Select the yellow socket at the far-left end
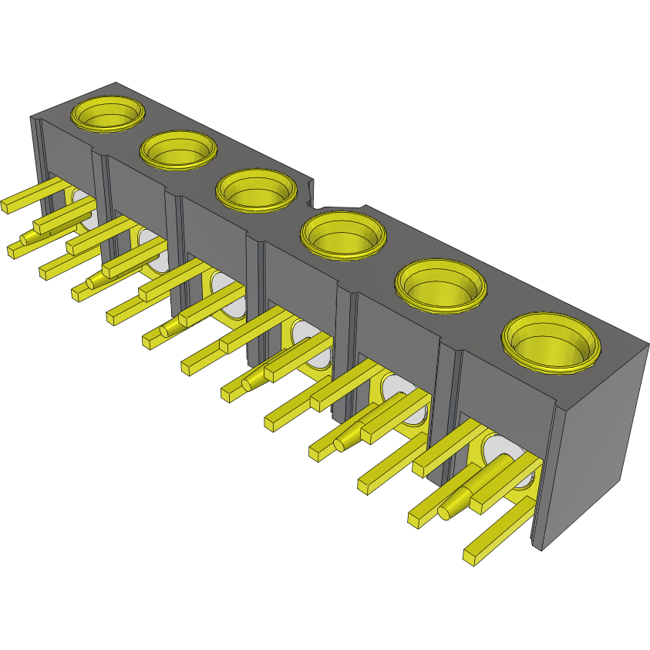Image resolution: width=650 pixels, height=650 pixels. point(109,114)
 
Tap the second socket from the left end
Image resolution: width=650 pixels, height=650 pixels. point(178,150)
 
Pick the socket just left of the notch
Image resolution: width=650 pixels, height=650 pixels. point(256,190)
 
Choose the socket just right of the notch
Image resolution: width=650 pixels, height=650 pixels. point(342,236)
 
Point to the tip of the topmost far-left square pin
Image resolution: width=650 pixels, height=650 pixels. point(7,205)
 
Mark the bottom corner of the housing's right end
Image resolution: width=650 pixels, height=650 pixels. point(541,549)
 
